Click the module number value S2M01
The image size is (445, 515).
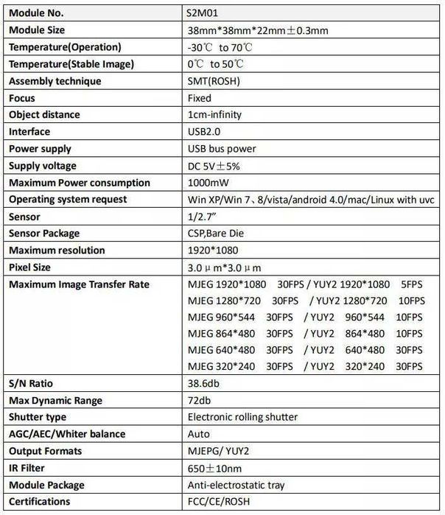[x=203, y=13]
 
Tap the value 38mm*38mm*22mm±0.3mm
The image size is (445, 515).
[x=258, y=30]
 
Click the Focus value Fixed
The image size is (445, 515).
[x=200, y=98]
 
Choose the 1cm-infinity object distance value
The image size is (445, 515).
[x=215, y=115]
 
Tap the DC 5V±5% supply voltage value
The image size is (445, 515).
[x=214, y=166]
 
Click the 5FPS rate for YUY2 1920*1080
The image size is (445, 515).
[x=410, y=284]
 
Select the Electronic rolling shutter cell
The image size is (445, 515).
[x=243, y=417]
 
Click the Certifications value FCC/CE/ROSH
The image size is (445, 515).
[x=219, y=502]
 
